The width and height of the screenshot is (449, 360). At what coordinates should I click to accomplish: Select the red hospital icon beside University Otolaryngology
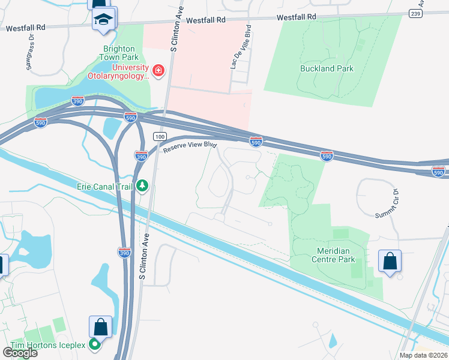(158, 71)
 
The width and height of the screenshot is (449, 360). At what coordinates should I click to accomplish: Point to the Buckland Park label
(327, 68)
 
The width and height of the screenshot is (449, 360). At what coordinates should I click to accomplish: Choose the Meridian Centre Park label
(333, 256)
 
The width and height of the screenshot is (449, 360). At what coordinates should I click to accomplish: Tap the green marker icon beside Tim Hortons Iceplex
(95, 344)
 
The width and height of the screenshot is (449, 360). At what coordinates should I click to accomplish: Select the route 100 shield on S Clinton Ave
(159, 137)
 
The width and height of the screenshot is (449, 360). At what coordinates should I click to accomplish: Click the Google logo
(20, 353)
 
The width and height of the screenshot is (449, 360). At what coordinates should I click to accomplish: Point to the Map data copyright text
(424, 355)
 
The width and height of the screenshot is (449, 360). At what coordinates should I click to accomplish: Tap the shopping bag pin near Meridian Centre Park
(390, 262)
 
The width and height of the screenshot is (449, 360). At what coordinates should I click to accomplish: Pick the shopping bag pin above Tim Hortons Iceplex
(100, 328)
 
